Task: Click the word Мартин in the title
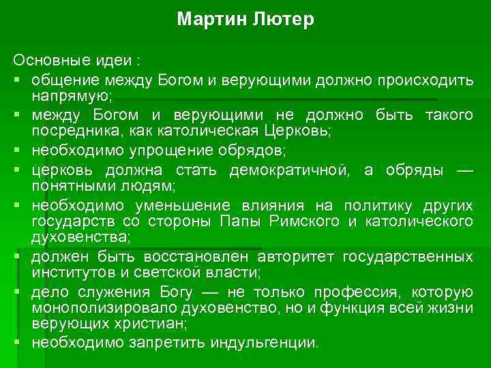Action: pyautogui.click(x=206, y=20)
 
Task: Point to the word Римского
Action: pyautogui.click(x=306, y=221)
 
